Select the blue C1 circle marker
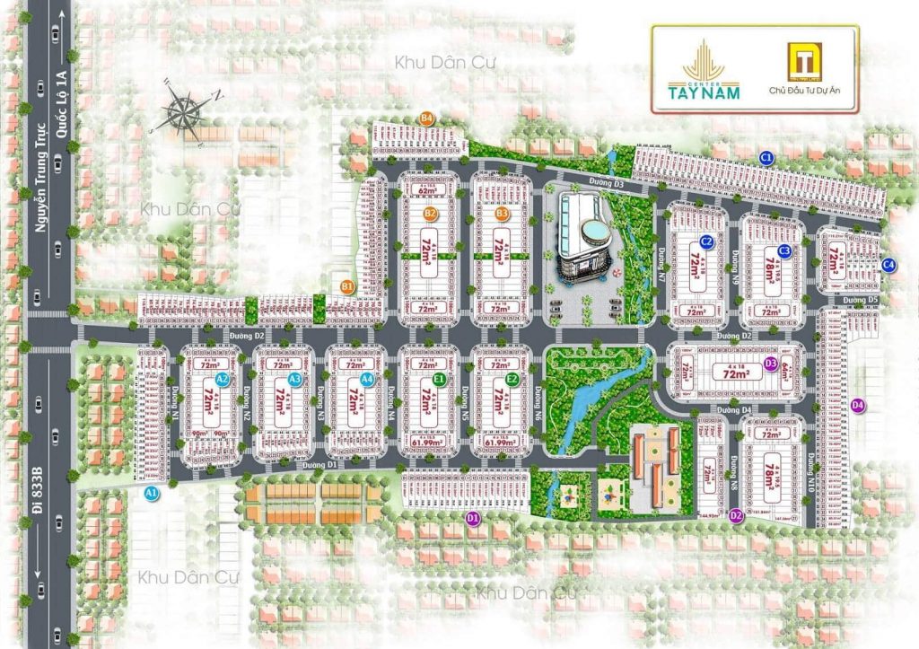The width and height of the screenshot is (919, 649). click(766, 158)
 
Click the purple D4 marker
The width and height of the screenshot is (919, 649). click(858, 405)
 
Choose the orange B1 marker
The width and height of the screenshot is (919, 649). click(348, 286)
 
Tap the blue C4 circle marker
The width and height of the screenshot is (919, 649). click(888, 264)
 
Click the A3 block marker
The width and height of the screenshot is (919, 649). click(294, 380)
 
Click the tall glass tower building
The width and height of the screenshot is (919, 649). click(581, 238)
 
